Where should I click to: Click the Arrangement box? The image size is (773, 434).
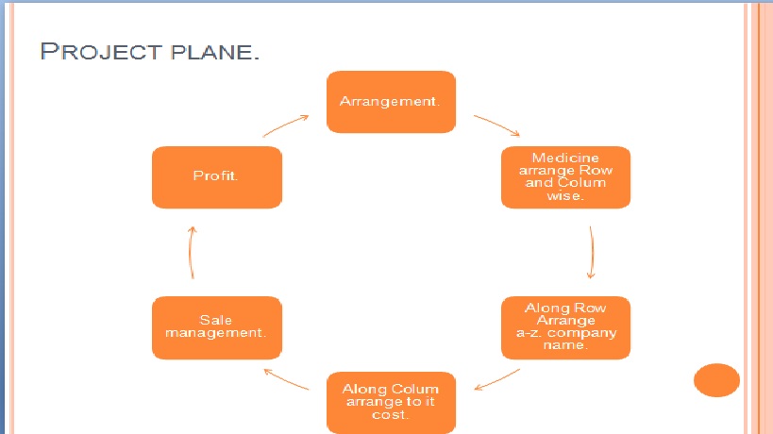[x=392, y=101]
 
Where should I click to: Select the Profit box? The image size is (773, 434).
[x=216, y=176]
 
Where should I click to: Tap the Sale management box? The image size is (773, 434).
[x=216, y=327]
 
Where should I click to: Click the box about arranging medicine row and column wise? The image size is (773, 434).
[x=565, y=176]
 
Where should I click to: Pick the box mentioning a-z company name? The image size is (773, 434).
[x=565, y=327]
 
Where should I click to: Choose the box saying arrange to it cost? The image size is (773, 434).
[x=392, y=402]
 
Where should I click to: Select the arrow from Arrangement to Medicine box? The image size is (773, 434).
[x=496, y=126]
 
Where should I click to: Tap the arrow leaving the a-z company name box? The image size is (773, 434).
[x=496, y=379]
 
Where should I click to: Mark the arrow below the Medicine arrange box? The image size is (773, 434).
[x=591, y=253]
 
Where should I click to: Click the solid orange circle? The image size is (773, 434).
[x=716, y=380]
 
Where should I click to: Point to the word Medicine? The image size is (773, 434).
[x=565, y=158]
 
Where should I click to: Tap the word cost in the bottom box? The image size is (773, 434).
[x=392, y=414]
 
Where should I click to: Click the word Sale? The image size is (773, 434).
[x=216, y=321]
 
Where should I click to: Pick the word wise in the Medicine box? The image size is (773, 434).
[x=565, y=195]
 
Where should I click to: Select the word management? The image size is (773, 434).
[x=216, y=333]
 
